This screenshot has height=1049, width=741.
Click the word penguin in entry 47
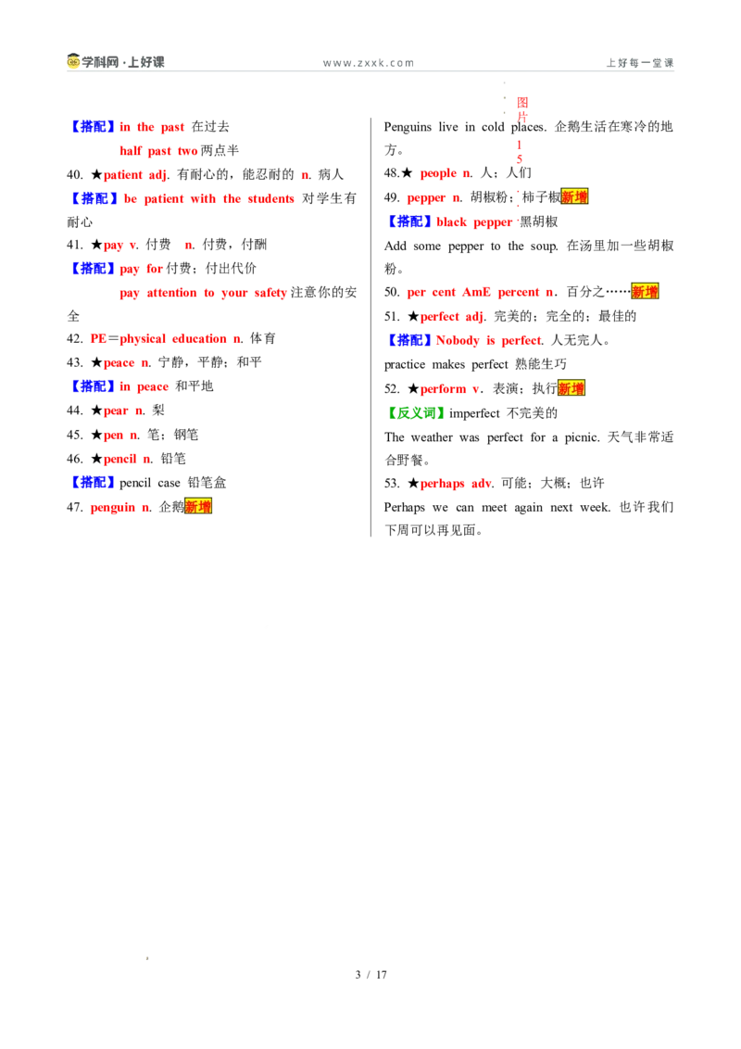(x=112, y=508)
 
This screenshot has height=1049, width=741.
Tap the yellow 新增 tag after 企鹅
(x=198, y=507)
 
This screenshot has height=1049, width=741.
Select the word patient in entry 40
(x=123, y=175)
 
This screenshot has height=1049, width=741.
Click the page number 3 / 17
(x=370, y=975)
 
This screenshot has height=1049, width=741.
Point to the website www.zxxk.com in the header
(x=369, y=63)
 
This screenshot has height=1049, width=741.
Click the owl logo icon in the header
(x=73, y=61)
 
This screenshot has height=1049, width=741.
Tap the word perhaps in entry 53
(x=442, y=484)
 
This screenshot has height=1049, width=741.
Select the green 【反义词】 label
(x=416, y=413)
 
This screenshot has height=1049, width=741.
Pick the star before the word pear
(x=97, y=411)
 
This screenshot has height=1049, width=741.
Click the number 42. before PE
(x=75, y=339)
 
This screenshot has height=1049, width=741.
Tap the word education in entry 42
(x=199, y=339)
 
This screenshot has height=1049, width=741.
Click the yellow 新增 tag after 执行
(x=571, y=388)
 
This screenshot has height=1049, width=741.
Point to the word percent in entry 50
(x=519, y=292)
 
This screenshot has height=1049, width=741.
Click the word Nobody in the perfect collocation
(x=458, y=340)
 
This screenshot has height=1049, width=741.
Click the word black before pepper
(x=451, y=222)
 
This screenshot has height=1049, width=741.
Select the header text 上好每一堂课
(x=640, y=63)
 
